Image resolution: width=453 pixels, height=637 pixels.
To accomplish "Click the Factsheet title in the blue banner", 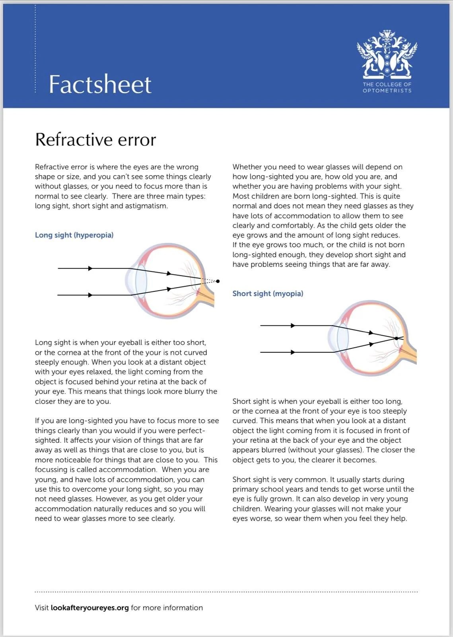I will [x=100, y=84].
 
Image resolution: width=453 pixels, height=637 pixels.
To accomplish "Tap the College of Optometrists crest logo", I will [x=387, y=54].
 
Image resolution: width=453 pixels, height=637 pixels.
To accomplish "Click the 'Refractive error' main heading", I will [x=95, y=140].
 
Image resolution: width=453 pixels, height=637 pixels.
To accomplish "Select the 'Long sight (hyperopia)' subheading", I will [x=74, y=235].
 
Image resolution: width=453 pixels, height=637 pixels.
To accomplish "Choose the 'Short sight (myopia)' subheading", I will [x=268, y=293].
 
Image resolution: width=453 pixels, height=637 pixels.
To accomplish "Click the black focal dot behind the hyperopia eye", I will [x=218, y=281].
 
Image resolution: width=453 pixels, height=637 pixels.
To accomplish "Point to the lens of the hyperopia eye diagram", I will [x=141, y=281].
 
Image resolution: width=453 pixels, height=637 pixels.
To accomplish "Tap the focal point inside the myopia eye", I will [x=396, y=338].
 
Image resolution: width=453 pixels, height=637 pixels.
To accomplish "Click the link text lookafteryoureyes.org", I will [x=89, y=608].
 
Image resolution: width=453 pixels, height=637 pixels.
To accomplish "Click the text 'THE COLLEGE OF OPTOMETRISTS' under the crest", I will [x=387, y=88].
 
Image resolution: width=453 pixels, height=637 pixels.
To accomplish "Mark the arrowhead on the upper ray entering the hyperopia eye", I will [x=90, y=268].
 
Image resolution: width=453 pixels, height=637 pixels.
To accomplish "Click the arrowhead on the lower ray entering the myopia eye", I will [x=293, y=352].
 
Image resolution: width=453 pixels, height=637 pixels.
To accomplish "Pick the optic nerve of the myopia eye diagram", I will [x=410, y=354].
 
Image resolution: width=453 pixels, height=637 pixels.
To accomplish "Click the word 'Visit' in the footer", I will [x=42, y=608].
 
